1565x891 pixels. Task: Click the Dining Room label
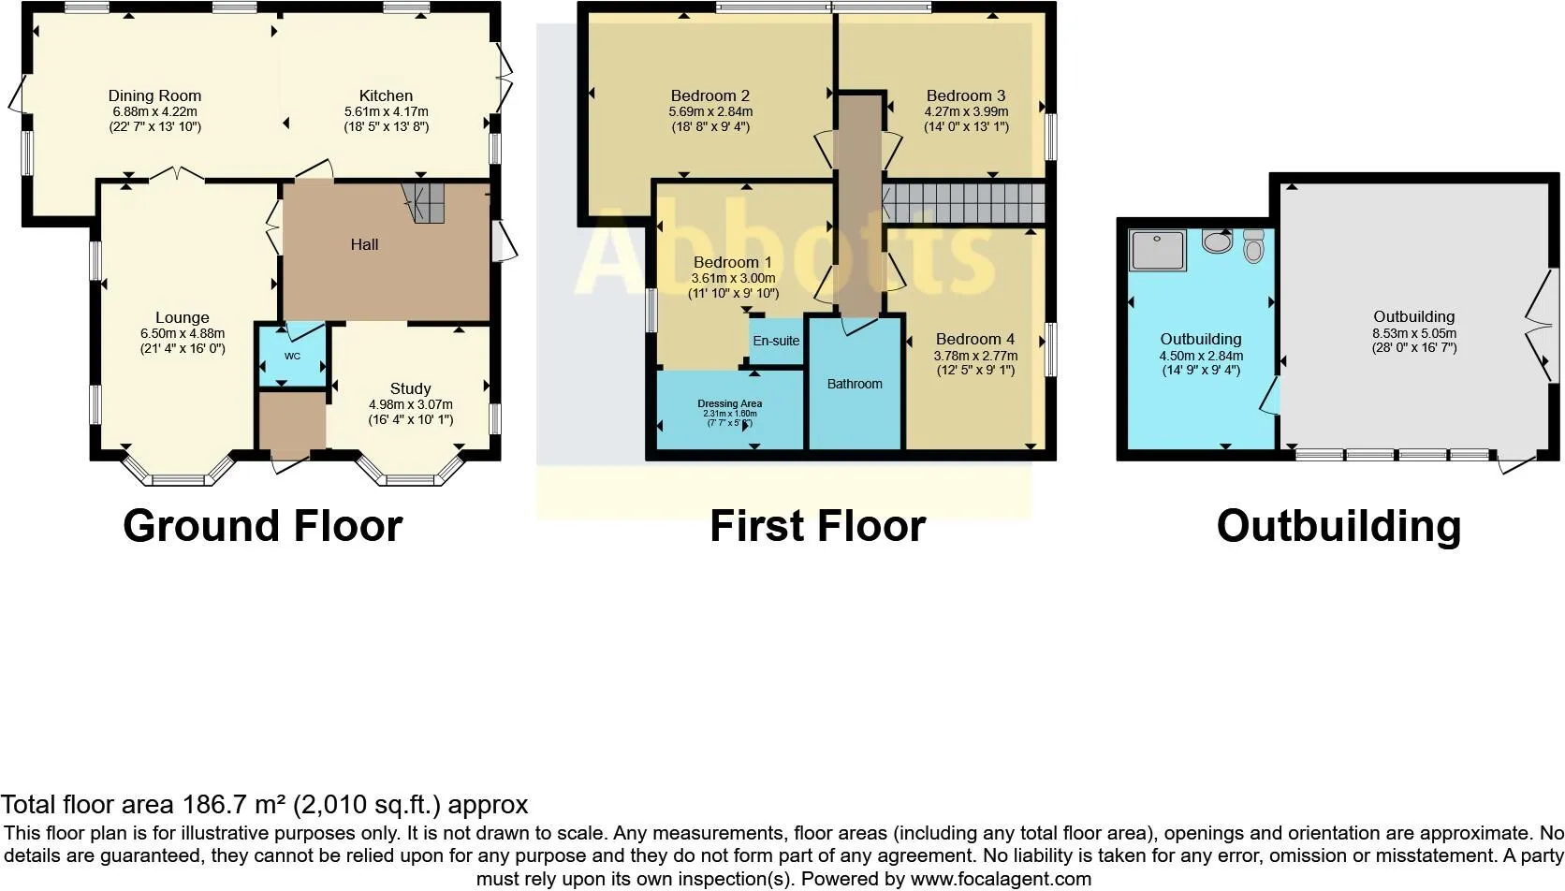(x=154, y=95)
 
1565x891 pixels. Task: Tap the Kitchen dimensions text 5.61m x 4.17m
(x=386, y=111)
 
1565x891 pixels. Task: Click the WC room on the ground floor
(x=292, y=357)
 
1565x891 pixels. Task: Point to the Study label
(x=410, y=388)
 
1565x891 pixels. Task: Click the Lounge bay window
(x=178, y=472)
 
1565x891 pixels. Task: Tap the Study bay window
(x=410, y=472)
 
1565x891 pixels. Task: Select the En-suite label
(x=776, y=341)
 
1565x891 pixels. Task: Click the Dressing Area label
(x=729, y=403)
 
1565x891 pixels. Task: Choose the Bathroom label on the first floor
(x=854, y=384)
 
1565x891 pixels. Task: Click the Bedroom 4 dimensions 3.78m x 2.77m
(x=975, y=356)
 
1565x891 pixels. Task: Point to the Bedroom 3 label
(x=966, y=95)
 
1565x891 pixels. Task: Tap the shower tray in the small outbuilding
(x=1158, y=250)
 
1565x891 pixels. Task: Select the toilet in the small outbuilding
(x=1253, y=246)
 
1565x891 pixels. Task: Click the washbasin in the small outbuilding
(x=1217, y=242)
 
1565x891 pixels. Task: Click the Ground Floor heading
(x=262, y=526)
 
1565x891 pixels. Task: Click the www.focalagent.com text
(x=1001, y=879)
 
